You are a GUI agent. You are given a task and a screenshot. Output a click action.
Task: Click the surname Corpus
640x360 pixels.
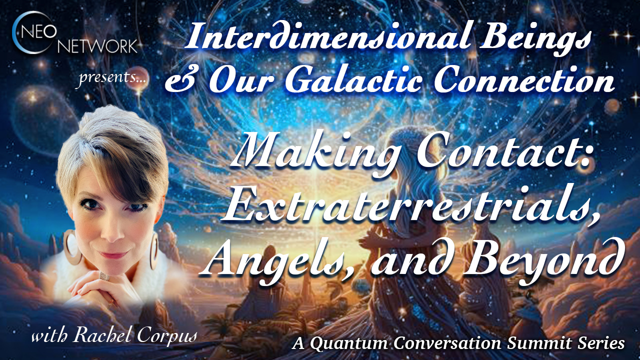(167, 337)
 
